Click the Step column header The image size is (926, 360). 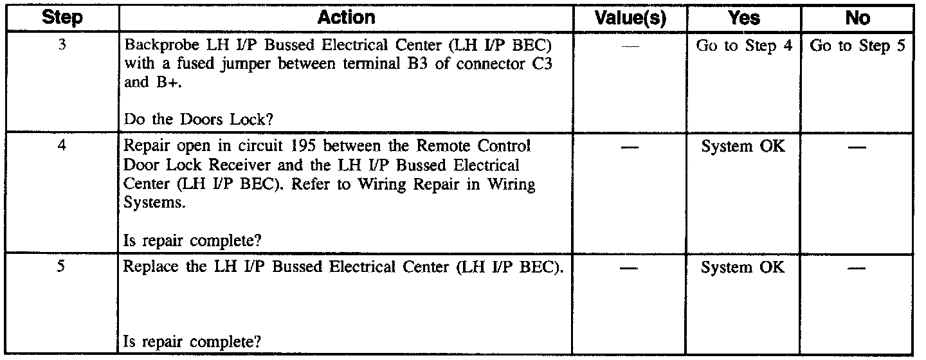pos(65,18)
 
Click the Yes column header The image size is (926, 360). pos(745,18)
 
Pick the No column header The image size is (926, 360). pos(858,18)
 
